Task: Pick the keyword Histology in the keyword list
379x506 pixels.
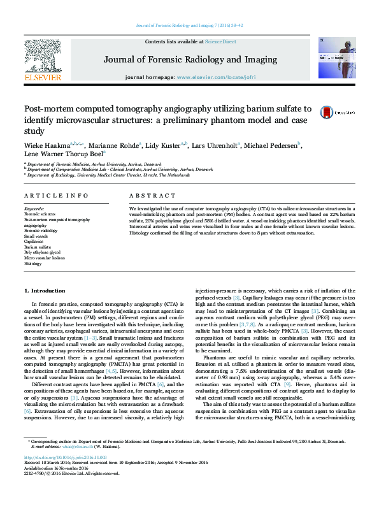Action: [x=32, y=263]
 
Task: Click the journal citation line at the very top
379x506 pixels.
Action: [x=189, y=25]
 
